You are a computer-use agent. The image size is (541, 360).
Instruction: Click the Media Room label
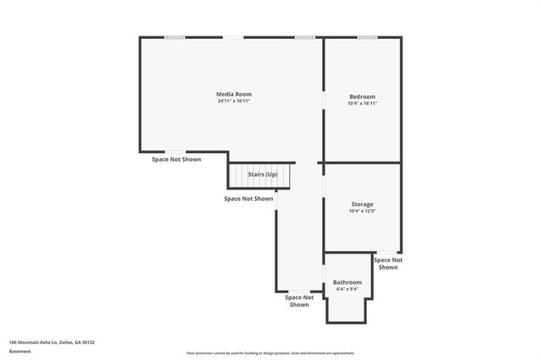click(233, 94)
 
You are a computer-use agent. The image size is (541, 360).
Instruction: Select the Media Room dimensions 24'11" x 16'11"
click(233, 101)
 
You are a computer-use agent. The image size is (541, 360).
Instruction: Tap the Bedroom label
click(362, 96)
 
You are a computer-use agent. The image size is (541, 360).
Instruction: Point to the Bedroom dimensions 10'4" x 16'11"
click(362, 104)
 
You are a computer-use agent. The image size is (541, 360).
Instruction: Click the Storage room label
click(362, 205)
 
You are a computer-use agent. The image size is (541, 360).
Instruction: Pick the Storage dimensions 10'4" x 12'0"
click(362, 211)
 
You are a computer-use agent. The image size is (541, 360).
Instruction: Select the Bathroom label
click(347, 282)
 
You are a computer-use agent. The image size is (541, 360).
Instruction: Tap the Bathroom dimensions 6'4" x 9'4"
click(347, 290)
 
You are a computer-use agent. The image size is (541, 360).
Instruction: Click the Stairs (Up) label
click(262, 174)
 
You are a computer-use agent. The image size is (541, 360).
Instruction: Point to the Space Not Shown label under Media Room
click(177, 159)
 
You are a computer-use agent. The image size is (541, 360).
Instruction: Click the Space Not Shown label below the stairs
click(249, 199)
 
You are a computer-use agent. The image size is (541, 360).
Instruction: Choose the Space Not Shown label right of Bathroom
click(388, 264)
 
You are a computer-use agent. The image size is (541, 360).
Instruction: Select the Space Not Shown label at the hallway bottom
click(299, 301)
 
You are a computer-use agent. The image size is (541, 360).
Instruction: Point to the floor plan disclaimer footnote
click(270, 353)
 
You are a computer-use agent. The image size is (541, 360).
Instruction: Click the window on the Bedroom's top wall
click(367, 37)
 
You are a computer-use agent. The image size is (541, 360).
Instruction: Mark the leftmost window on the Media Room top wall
click(175, 37)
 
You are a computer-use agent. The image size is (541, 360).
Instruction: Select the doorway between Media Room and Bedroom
click(324, 100)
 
